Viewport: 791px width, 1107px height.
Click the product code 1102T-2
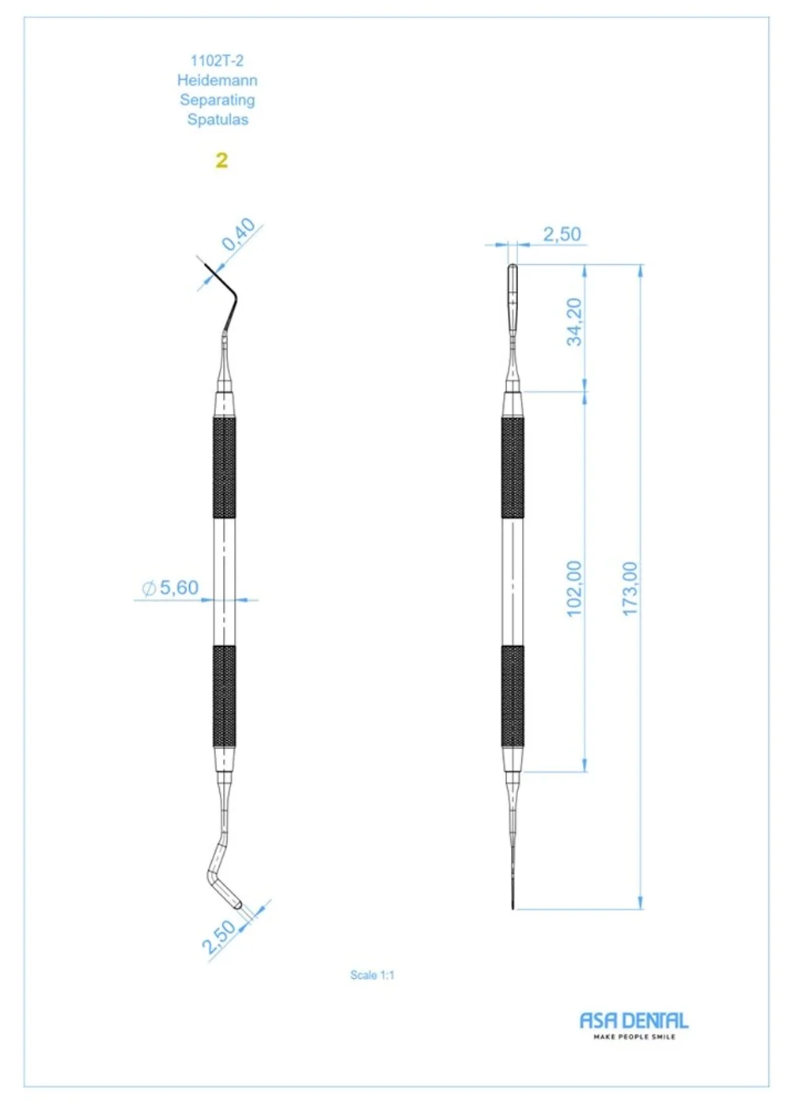(x=217, y=61)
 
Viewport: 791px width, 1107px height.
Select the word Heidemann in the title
(x=217, y=80)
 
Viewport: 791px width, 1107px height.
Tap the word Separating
(x=217, y=100)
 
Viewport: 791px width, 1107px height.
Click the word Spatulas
(x=218, y=119)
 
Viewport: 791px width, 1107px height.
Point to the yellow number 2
(x=221, y=160)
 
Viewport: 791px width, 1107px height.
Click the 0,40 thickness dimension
(x=239, y=234)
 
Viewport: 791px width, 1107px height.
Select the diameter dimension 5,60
(x=171, y=588)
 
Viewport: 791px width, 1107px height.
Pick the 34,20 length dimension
(x=574, y=322)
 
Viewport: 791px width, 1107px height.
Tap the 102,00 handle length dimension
(x=574, y=588)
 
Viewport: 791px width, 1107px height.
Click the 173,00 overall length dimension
(x=630, y=588)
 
